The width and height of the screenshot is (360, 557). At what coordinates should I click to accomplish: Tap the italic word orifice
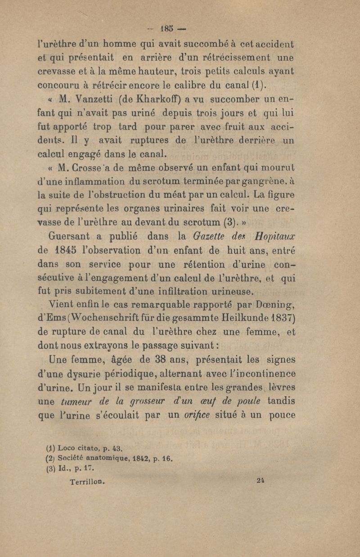(x=200, y=415)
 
